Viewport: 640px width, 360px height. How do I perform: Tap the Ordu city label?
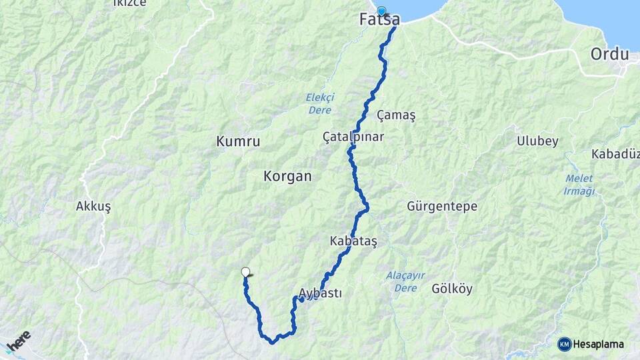[x=613, y=54]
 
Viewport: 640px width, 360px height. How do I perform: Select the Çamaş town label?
[x=396, y=115]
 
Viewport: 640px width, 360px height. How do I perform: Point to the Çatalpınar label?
[x=353, y=136]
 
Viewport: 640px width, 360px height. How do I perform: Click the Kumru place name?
[x=238, y=141]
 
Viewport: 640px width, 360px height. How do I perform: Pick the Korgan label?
[x=287, y=177]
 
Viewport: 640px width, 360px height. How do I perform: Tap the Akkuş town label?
[x=93, y=206]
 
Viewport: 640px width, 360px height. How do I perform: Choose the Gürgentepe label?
[x=442, y=206]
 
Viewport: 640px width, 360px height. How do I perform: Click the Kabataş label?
[x=353, y=241]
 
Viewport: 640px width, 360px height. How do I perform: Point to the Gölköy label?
[x=452, y=289]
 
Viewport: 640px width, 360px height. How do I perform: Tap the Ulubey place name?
[x=537, y=141]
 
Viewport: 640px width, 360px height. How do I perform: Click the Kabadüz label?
[x=615, y=154]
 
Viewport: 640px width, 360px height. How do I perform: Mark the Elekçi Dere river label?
[x=320, y=103]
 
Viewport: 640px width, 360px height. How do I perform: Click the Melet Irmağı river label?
[x=579, y=185]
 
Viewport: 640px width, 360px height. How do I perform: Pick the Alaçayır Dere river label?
[x=405, y=281]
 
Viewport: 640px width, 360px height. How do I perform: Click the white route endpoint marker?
[x=245, y=271]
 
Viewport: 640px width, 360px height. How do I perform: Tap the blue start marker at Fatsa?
[x=381, y=11]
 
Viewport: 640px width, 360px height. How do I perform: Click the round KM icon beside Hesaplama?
[x=564, y=344]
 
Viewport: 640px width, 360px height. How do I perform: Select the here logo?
[x=18, y=343]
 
